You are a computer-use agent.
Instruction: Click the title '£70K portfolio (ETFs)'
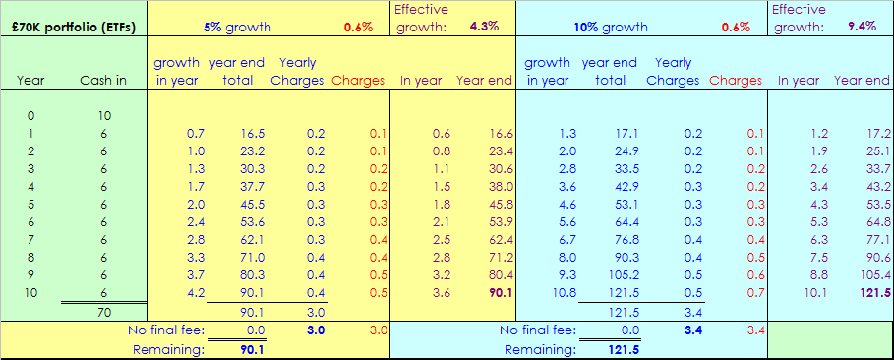coord(75,27)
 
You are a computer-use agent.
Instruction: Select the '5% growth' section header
coord(238,27)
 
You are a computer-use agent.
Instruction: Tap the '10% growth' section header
coord(611,27)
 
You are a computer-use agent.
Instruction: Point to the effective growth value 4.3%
coord(484,27)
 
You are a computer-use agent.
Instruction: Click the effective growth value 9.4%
coord(861,27)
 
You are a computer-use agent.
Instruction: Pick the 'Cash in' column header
coord(103,81)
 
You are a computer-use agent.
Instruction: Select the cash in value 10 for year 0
coord(103,116)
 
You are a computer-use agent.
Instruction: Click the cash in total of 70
coord(103,312)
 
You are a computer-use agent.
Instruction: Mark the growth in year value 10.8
coord(564,293)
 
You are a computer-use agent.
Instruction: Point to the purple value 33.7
coord(878,187)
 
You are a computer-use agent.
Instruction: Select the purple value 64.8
coord(878,222)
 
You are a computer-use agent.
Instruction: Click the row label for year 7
coord(30,240)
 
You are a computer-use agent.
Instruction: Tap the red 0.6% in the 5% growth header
coord(358,27)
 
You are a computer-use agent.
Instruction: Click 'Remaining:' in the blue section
coord(541,349)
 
